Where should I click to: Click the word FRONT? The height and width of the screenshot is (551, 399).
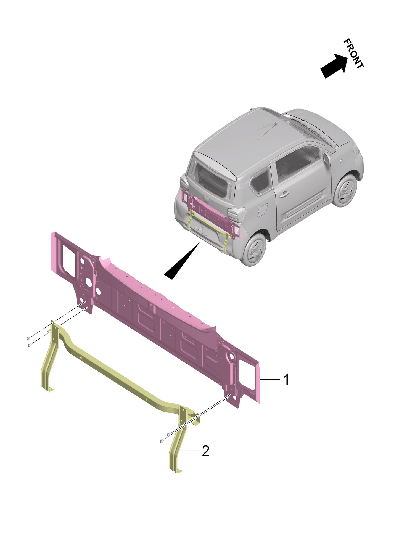point(353,54)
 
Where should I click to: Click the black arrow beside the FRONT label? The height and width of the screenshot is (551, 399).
point(334,65)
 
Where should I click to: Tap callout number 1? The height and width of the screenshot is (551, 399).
point(286,380)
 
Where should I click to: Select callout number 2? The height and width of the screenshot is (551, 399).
point(205,451)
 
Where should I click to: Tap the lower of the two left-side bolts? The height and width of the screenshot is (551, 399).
point(29,345)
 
